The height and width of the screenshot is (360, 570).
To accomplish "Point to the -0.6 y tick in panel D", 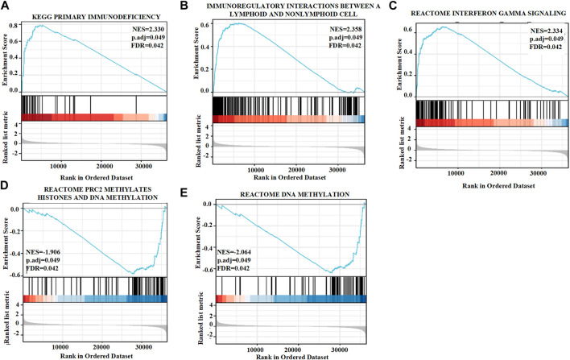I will tap(14, 274).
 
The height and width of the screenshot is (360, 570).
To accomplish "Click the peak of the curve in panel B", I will tap(241, 23).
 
